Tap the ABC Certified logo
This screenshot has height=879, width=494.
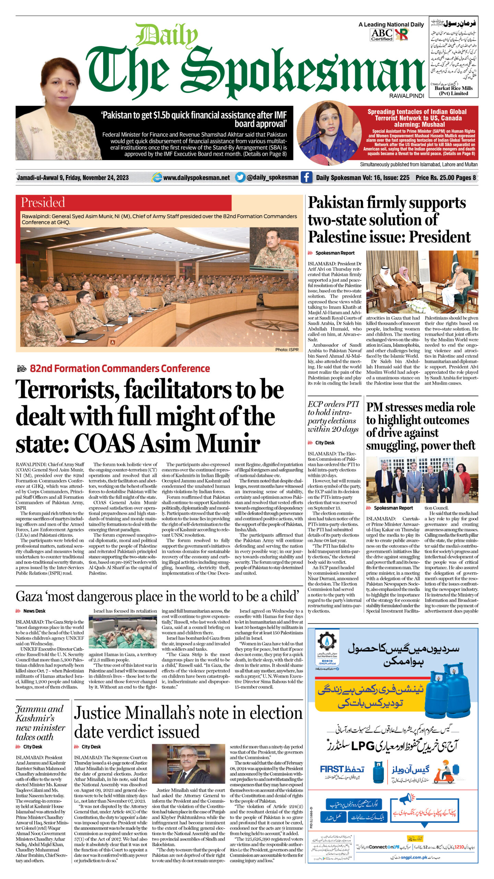pyautogui.click(x=381, y=35)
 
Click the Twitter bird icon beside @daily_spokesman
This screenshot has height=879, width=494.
pyautogui.click(x=240, y=178)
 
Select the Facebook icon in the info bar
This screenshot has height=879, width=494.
pyautogui.click(x=306, y=177)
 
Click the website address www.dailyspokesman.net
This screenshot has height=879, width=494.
pyautogui.click(x=196, y=178)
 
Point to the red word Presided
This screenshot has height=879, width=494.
pyautogui.click(x=43, y=202)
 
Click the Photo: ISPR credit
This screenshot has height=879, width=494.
pyautogui.click(x=286, y=350)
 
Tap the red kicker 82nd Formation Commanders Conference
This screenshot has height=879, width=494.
pyautogui.click(x=120, y=368)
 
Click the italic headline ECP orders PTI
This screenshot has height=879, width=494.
pyautogui.click(x=333, y=404)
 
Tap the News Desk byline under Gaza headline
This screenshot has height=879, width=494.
pyautogui.click(x=34, y=611)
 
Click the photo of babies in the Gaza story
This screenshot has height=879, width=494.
pyautogui.click(x=123, y=631)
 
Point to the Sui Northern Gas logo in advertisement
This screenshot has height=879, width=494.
pyautogui.click(x=327, y=643)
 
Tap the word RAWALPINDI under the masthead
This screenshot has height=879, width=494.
pyautogui.click(x=407, y=96)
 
